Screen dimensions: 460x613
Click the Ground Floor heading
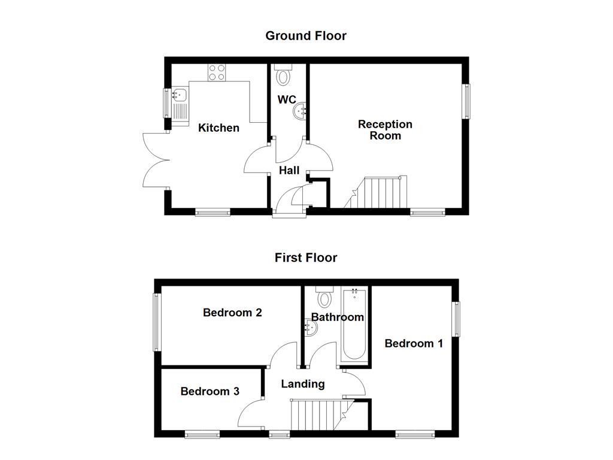click(x=305, y=36)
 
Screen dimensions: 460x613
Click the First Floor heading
click(x=305, y=258)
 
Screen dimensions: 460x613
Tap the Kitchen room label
click(x=219, y=128)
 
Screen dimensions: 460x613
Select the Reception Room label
click(x=385, y=130)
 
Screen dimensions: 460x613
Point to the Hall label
click(x=289, y=171)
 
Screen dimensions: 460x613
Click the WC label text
click(x=287, y=99)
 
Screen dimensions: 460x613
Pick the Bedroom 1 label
click(x=414, y=343)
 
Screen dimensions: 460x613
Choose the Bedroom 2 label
click(x=232, y=313)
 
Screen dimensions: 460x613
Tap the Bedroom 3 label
click(x=210, y=391)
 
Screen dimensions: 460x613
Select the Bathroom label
click(x=337, y=317)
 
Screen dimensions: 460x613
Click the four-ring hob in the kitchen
click(x=217, y=72)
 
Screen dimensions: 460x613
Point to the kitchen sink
click(x=180, y=94)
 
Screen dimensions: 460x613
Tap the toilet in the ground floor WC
click(x=283, y=75)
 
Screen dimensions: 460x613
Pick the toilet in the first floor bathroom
click(x=325, y=296)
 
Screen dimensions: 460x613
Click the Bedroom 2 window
click(x=157, y=322)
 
